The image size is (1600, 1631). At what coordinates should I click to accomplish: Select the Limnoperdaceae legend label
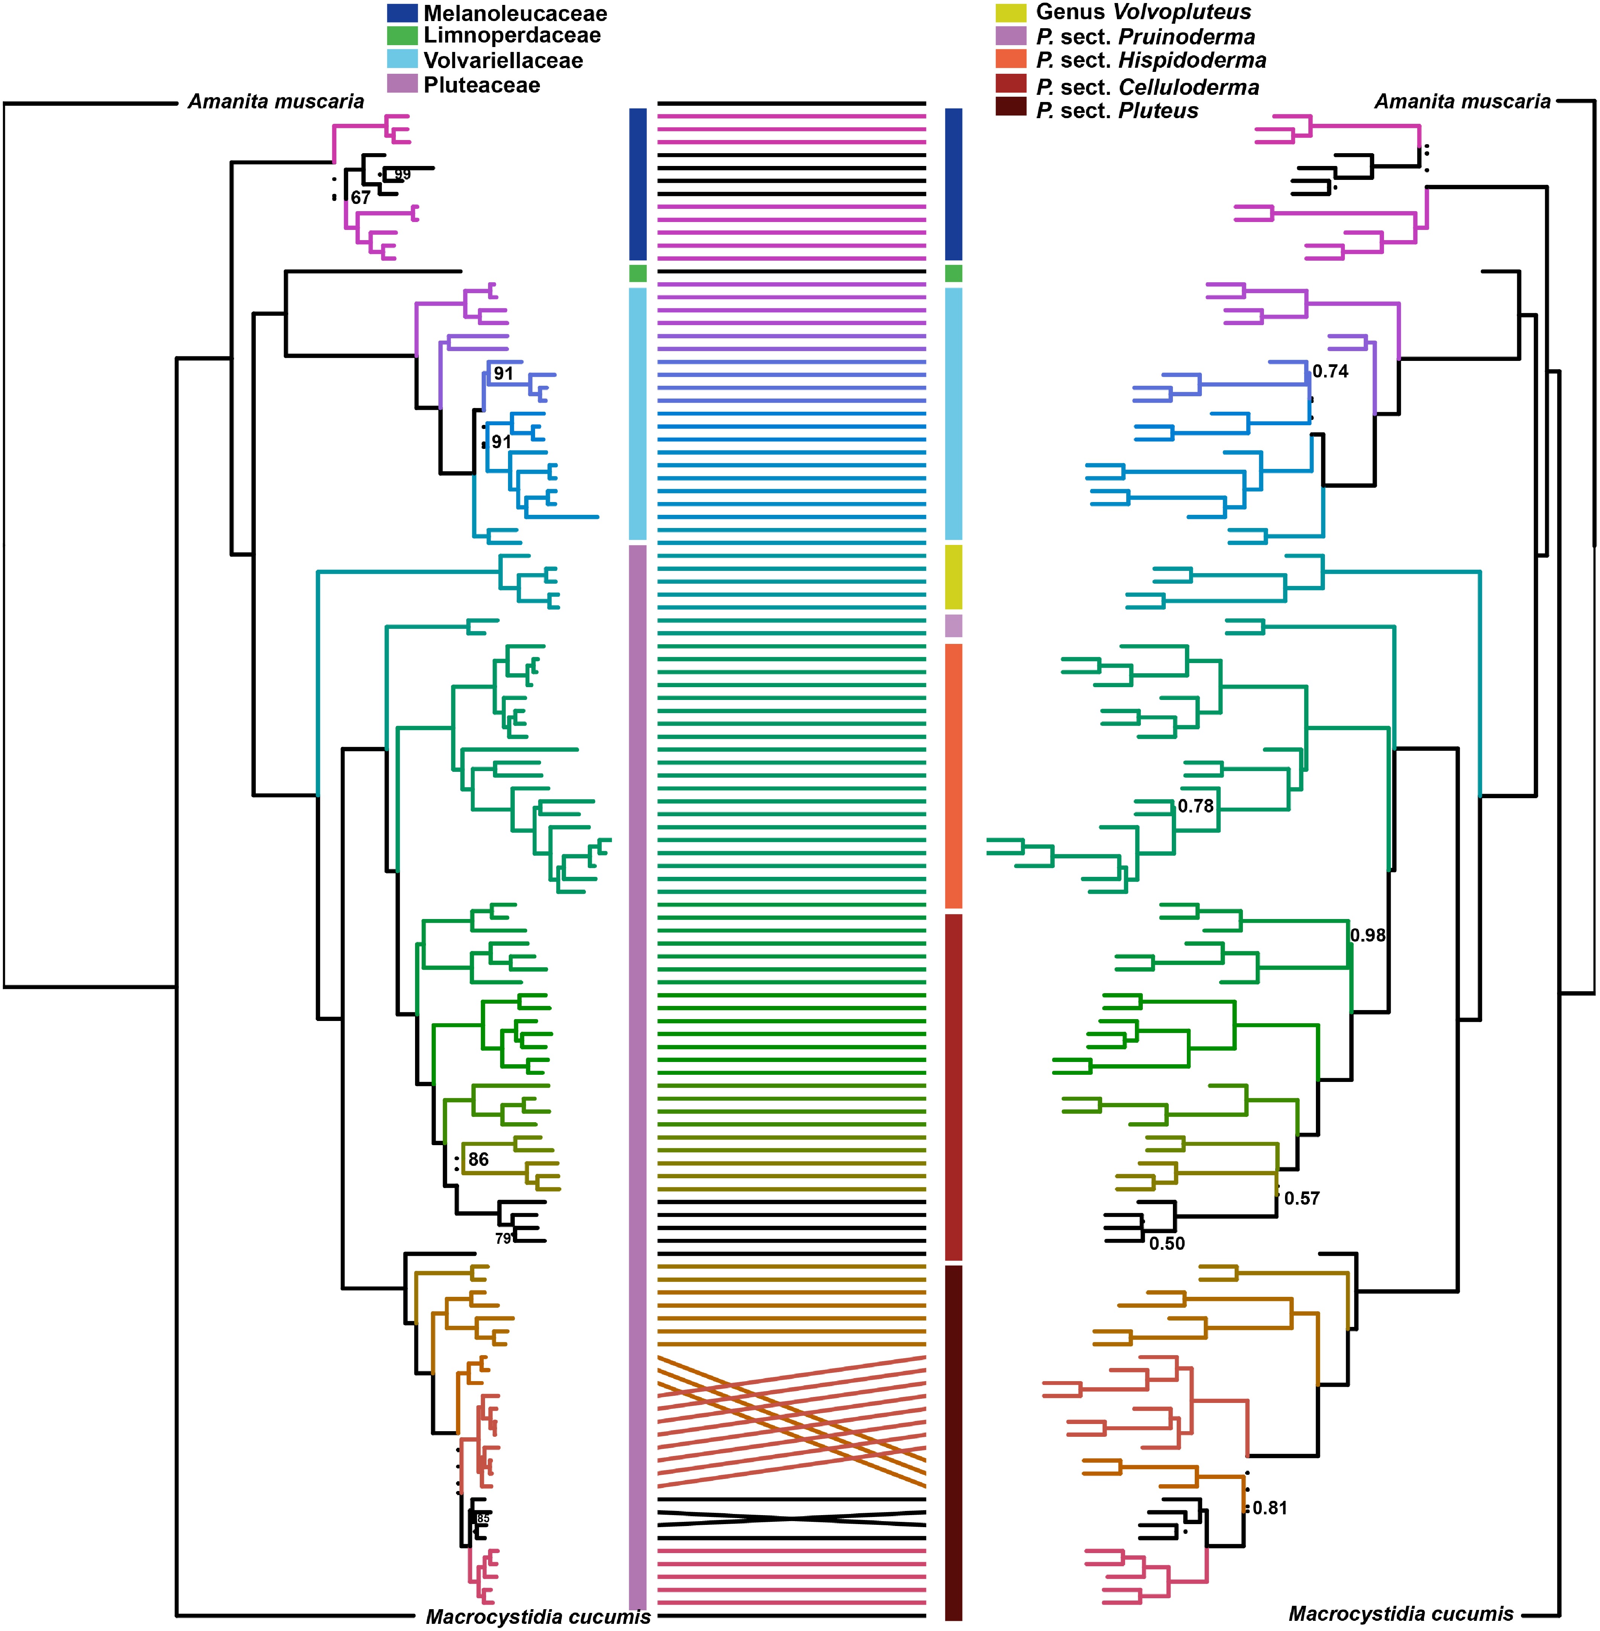(512, 35)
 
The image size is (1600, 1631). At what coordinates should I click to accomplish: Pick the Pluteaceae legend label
(482, 85)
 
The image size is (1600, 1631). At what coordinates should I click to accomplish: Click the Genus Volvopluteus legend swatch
(1011, 12)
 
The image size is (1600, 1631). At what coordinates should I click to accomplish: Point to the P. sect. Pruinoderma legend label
(1145, 37)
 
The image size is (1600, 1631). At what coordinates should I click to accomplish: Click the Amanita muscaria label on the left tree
(275, 102)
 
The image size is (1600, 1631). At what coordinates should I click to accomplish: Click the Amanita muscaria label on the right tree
(1462, 102)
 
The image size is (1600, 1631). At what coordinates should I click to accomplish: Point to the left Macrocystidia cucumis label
(538, 1617)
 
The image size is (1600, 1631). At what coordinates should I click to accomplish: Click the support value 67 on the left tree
(360, 198)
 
